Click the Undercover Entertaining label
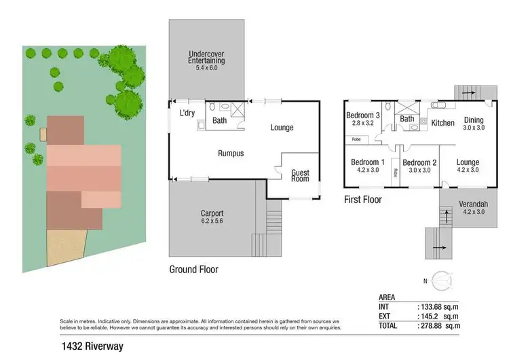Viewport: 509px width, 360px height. (x=206, y=57)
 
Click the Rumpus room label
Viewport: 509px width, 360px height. (x=231, y=154)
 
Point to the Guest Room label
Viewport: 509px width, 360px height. (x=300, y=176)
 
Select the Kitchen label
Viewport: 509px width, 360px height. (x=442, y=123)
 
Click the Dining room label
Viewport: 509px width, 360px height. (x=474, y=123)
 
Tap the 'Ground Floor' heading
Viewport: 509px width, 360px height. (x=193, y=270)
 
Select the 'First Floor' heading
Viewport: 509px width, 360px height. (x=362, y=200)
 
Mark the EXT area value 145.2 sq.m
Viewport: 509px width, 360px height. (x=438, y=317)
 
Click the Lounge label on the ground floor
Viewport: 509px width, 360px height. (x=282, y=127)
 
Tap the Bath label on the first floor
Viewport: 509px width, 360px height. (x=407, y=119)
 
